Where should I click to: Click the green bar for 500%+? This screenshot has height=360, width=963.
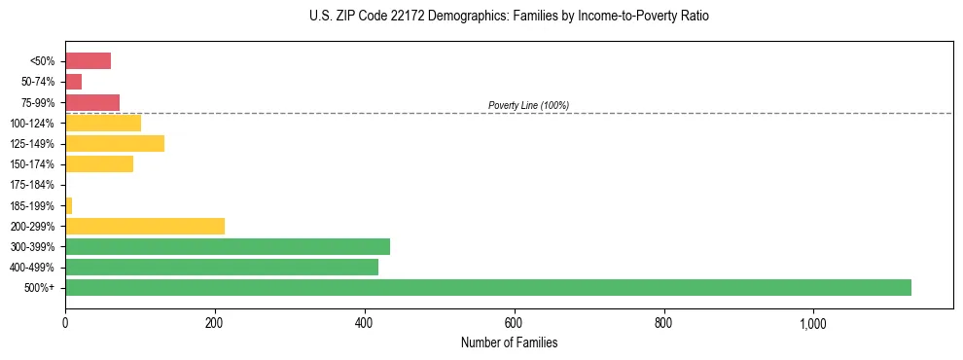(487, 287)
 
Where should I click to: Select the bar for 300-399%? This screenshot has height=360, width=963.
(228, 246)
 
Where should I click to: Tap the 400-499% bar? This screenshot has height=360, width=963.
(222, 267)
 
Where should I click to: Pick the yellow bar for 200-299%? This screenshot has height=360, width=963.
(145, 226)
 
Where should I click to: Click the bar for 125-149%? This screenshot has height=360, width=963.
(115, 144)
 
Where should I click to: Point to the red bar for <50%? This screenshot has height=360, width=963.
(88, 61)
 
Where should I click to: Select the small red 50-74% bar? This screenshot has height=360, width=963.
(73, 82)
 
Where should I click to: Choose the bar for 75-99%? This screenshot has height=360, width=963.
(92, 102)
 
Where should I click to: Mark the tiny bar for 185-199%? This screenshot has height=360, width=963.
(68, 205)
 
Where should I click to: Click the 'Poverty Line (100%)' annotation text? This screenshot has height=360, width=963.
(528, 105)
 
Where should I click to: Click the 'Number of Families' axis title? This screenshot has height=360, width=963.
(509, 342)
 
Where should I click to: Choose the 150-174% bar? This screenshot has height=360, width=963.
(99, 164)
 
